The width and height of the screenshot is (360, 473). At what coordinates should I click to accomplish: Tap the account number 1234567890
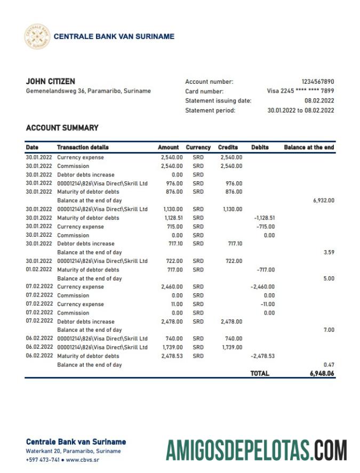pos(318,82)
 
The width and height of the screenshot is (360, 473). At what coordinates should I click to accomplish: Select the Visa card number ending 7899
pos(300,91)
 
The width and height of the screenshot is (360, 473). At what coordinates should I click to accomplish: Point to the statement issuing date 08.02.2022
pos(319,101)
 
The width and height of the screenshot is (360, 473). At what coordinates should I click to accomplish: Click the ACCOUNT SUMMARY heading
pos(62,128)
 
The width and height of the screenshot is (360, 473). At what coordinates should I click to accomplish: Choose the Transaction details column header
pos(83,147)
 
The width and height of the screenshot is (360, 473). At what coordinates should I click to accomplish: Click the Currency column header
pos(198,147)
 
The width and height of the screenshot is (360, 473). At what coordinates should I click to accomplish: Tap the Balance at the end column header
pos(309,147)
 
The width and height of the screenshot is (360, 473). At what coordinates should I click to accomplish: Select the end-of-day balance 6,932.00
pos(323,201)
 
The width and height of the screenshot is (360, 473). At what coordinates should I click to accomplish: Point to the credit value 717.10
pos(235,244)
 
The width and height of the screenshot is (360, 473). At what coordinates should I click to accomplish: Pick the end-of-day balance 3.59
pos(329,252)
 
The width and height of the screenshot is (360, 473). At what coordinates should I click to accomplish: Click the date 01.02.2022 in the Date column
pos(39,270)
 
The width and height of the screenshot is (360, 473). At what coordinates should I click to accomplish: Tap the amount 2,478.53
pos(172,356)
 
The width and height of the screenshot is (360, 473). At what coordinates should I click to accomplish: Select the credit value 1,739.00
pos(232,347)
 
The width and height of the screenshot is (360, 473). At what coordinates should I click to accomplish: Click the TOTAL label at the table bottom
pos(260,374)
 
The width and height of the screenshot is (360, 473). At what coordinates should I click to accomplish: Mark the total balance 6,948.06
pos(322,374)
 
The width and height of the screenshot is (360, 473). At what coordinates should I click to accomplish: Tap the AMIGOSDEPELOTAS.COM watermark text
pos(256,450)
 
